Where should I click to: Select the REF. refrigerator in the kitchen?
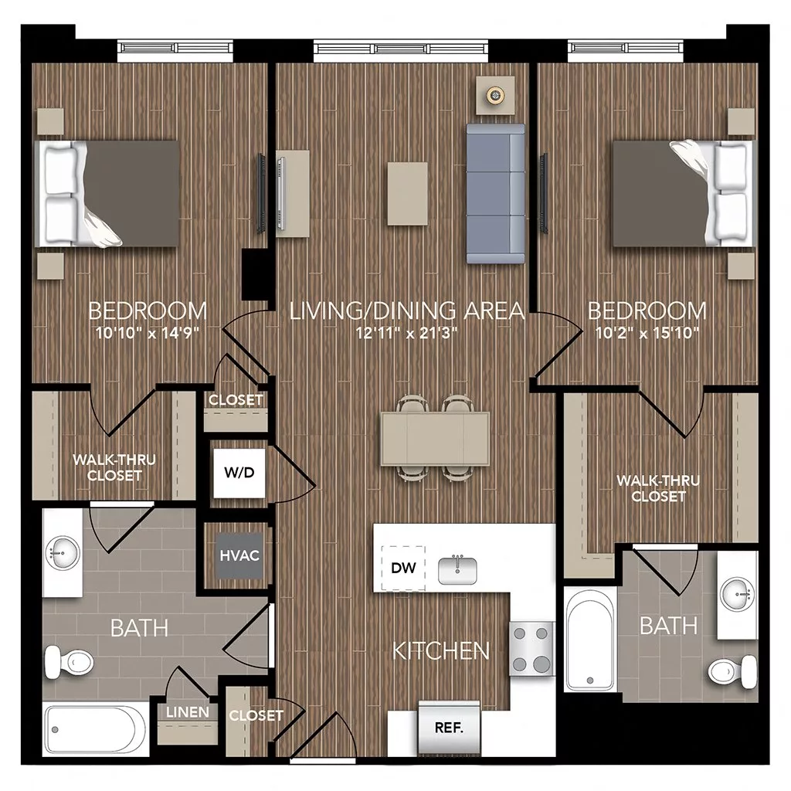(x=448, y=727)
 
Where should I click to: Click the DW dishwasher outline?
(x=403, y=569)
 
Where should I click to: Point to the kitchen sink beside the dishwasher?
(x=458, y=570)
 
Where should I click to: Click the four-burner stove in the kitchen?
(x=531, y=649)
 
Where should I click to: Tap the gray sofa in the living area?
(x=495, y=194)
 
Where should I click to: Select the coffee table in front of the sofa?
(x=407, y=193)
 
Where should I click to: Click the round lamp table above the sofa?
(x=494, y=95)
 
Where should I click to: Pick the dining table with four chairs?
(x=435, y=437)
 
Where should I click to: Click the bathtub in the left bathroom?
(x=96, y=729)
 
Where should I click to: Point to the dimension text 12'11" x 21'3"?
(x=407, y=334)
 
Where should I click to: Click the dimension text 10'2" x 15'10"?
(x=647, y=334)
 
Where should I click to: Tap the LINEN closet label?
(x=188, y=711)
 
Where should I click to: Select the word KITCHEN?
(x=441, y=650)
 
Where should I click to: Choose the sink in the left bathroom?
(x=63, y=552)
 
